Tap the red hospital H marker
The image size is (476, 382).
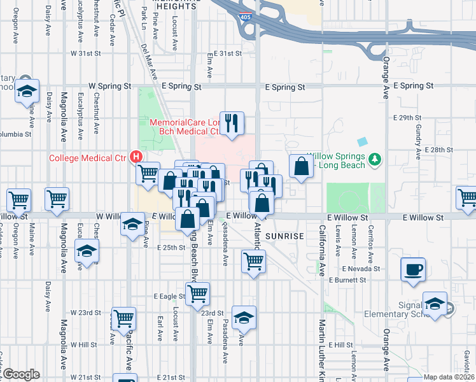(x=136, y=156)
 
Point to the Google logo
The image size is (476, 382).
(x=20, y=374)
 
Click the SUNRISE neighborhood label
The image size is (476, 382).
(x=284, y=236)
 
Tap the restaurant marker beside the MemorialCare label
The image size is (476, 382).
(x=232, y=122)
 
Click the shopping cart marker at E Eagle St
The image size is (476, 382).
(x=198, y=294)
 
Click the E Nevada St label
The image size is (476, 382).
(x=362, y=269)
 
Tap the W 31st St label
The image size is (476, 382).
(x=86, y=53)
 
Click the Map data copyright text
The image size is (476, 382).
(x=447, y=377)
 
